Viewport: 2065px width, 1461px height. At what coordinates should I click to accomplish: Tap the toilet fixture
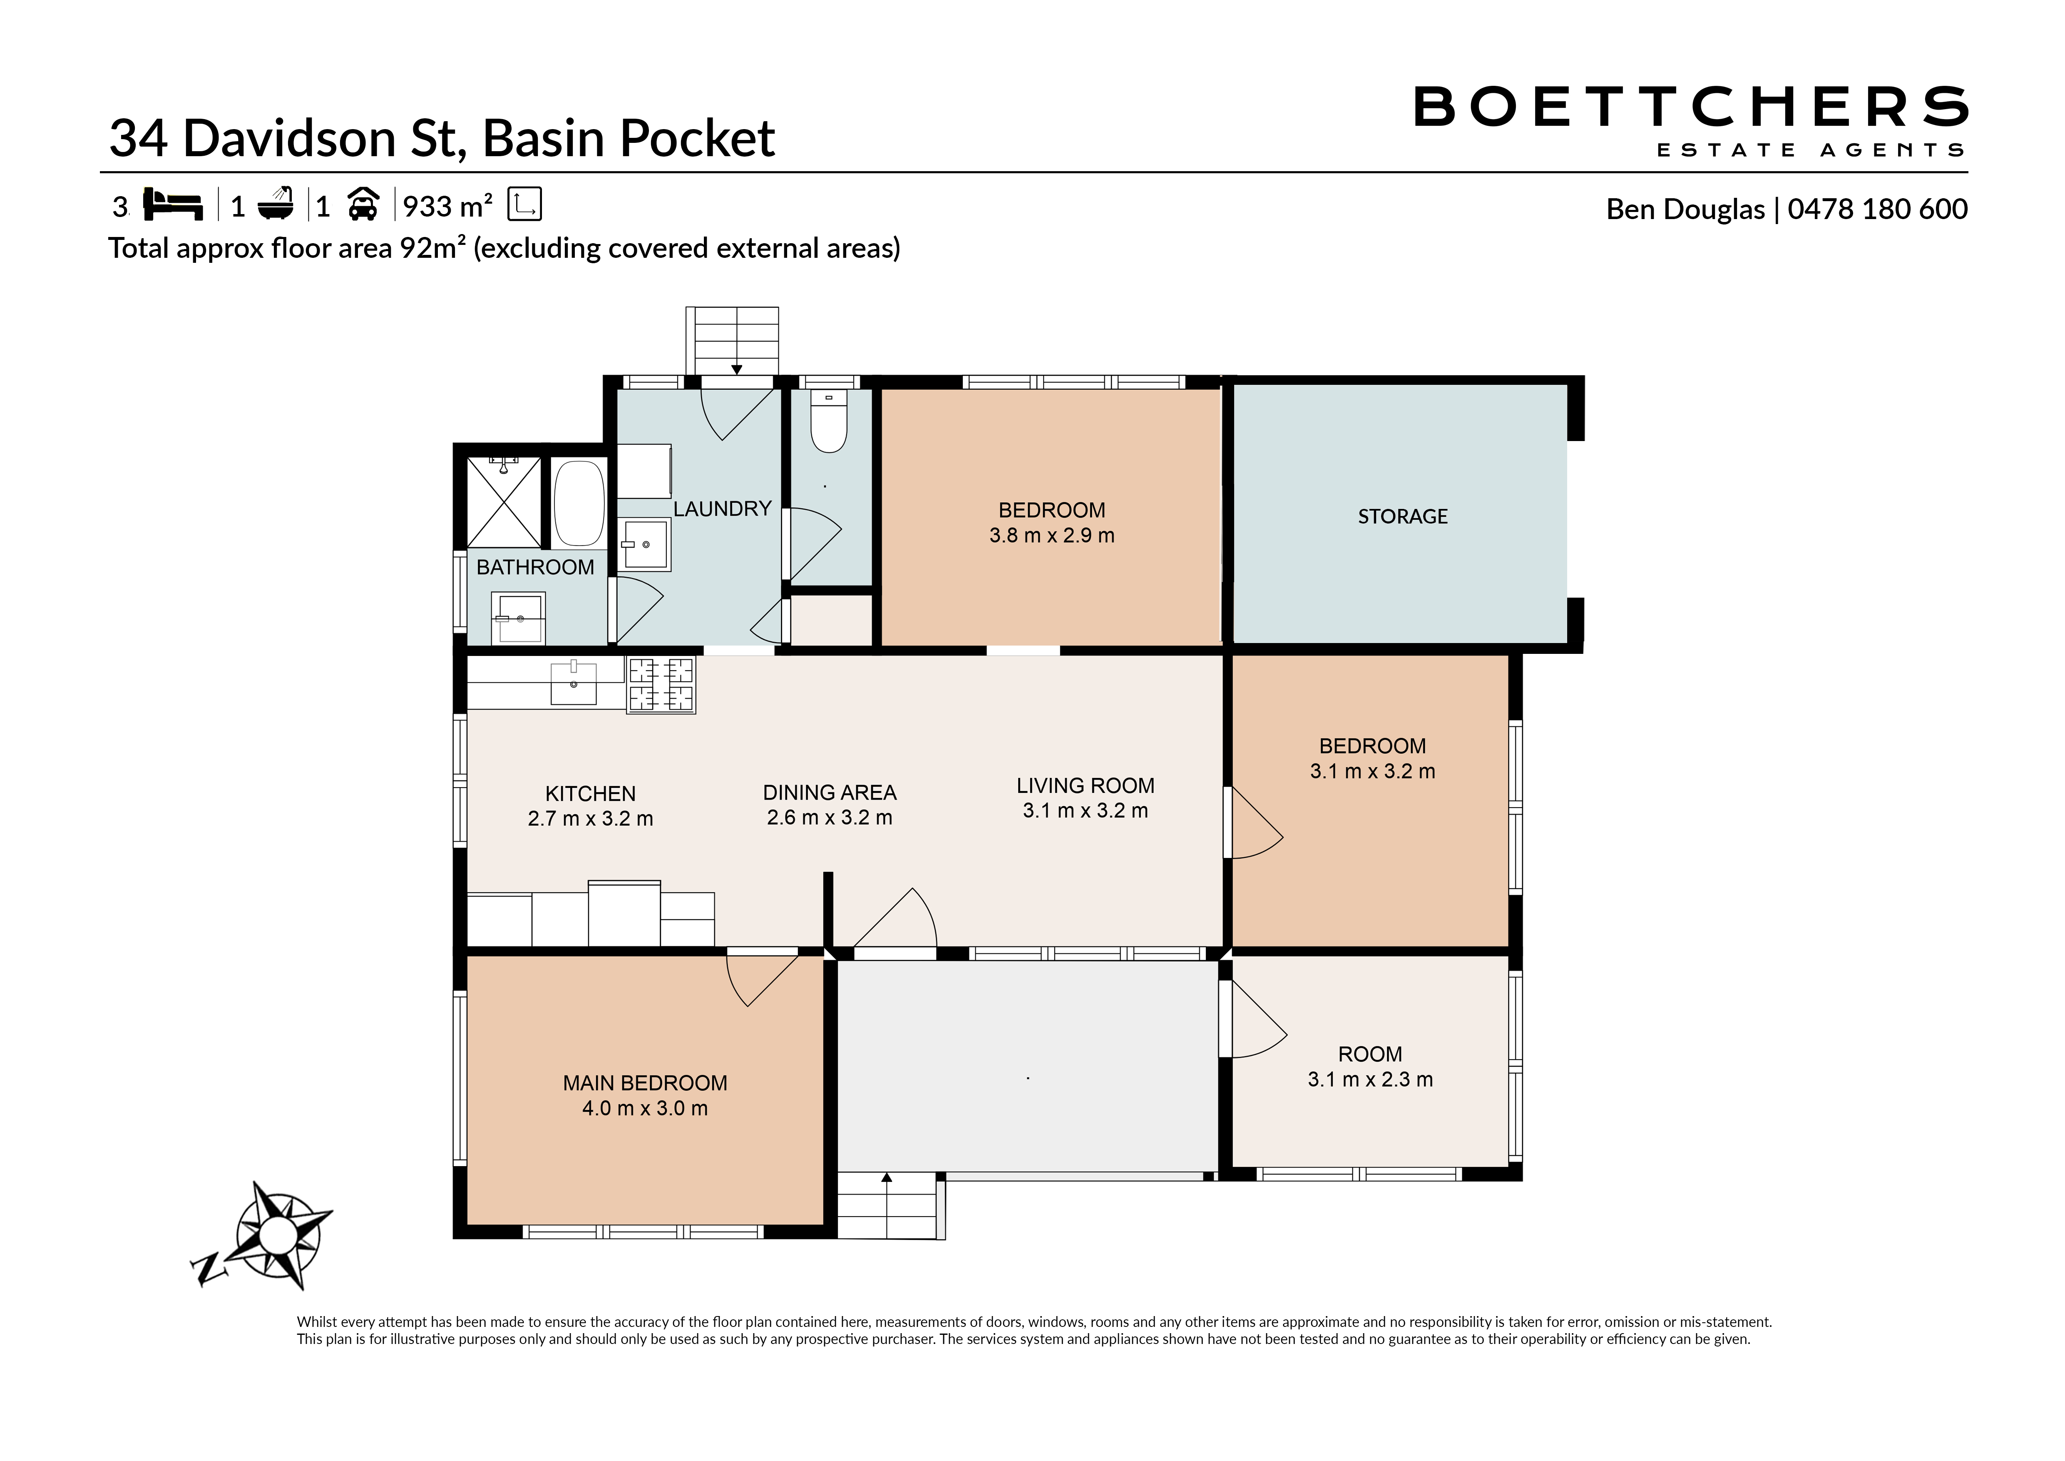828,420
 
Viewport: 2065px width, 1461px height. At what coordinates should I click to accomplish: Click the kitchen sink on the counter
574,683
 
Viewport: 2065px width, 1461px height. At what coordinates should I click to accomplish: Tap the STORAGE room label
1402,516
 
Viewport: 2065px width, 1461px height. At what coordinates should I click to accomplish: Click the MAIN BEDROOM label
645,1083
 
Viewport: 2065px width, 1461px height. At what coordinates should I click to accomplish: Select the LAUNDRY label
722,509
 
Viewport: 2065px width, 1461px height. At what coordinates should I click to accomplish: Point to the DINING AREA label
829,793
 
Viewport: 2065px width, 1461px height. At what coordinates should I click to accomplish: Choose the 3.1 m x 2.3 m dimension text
1370,1080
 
